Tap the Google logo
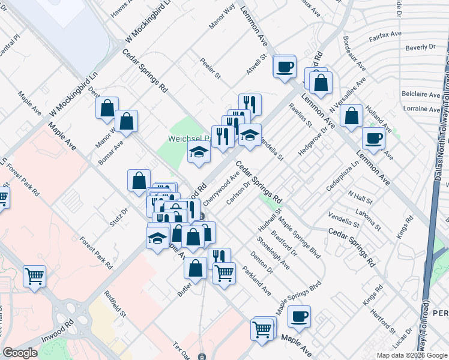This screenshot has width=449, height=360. [20, 353]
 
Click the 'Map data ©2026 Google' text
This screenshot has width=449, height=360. [412, 355]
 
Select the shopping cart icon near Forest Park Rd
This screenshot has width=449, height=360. [34, 277]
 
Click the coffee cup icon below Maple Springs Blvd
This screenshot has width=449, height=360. [298, 316]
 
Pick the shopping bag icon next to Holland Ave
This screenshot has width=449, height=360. [352, 115]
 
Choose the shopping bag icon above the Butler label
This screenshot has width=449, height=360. [195, 268]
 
